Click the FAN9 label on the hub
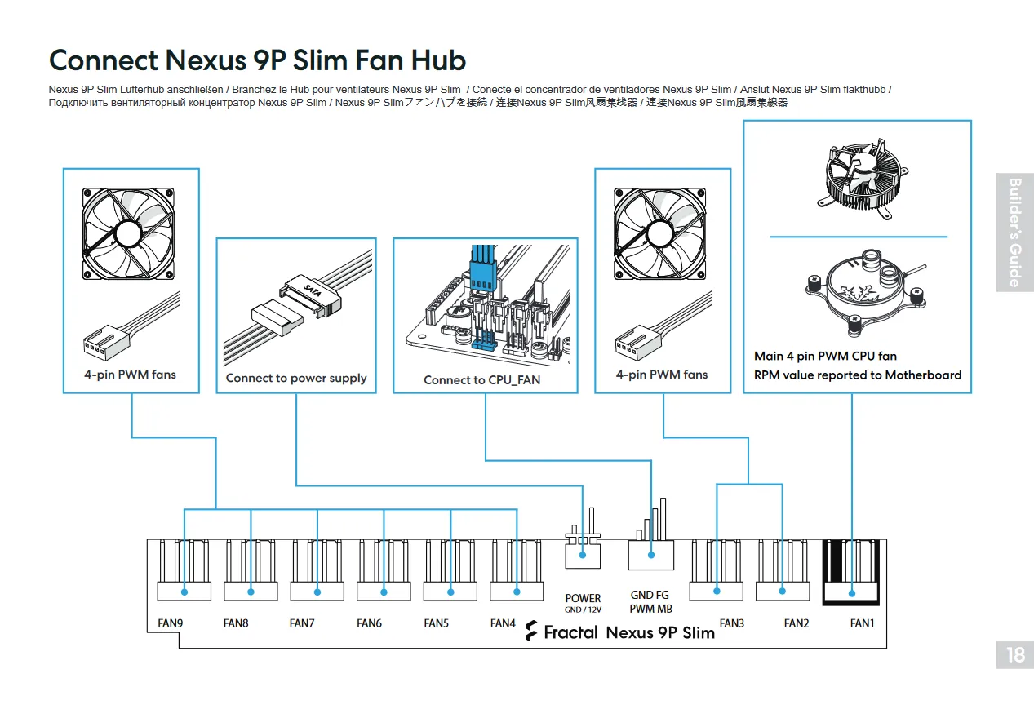click(x=170, y=624)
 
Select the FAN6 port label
click(x=369, y=624)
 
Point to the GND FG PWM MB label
click(x=650, y=602)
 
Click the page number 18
click(x=1015, y=654)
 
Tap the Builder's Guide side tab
click(x=1014, y=233)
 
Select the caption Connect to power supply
click(x=296, y=379)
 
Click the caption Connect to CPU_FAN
click(x=481, y=380)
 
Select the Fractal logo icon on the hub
click(x=531, y=632)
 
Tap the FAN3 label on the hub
click(x=731, y=624)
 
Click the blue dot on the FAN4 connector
click(x=517, y=592)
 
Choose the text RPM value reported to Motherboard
click(x=858, y=375)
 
